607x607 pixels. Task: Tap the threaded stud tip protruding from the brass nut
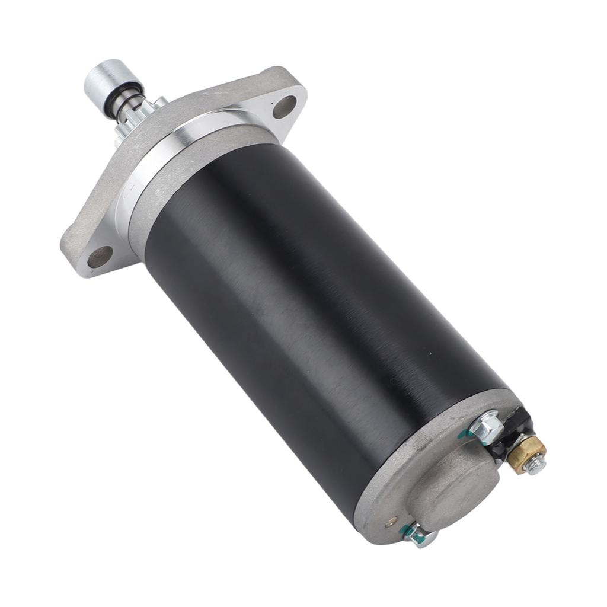click(x=536, y=465)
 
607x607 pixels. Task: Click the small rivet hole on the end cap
click(x=391, y=523)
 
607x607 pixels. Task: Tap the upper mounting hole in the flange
click(x=284, y=107)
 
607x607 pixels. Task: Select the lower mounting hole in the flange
click(x=100, y=256)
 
